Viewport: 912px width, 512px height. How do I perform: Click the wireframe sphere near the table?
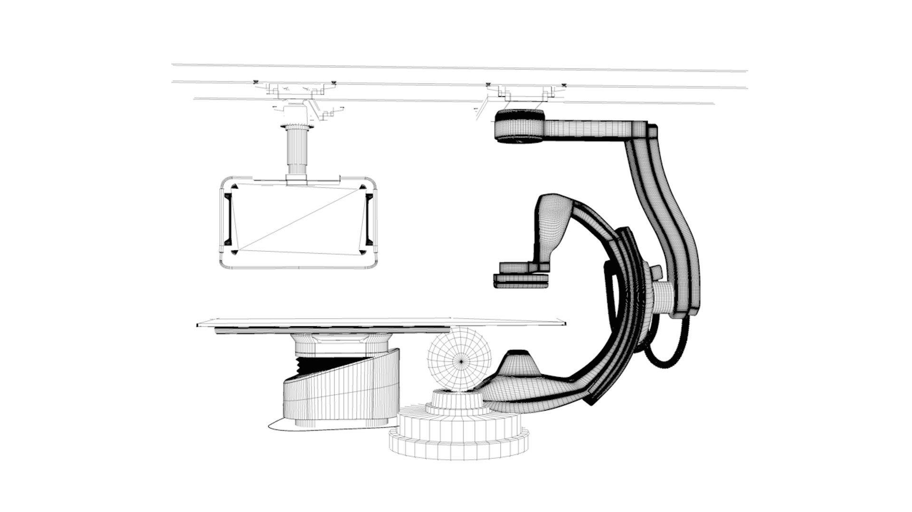click(459, 360)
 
